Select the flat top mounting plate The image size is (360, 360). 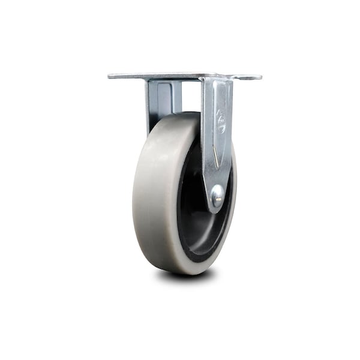pyautogui.click(x=180, y=76)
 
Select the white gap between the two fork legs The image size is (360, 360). pyautogui.click(x=191, y=96)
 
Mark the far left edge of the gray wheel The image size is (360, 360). pyautogui.click(x=134, y=192)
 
